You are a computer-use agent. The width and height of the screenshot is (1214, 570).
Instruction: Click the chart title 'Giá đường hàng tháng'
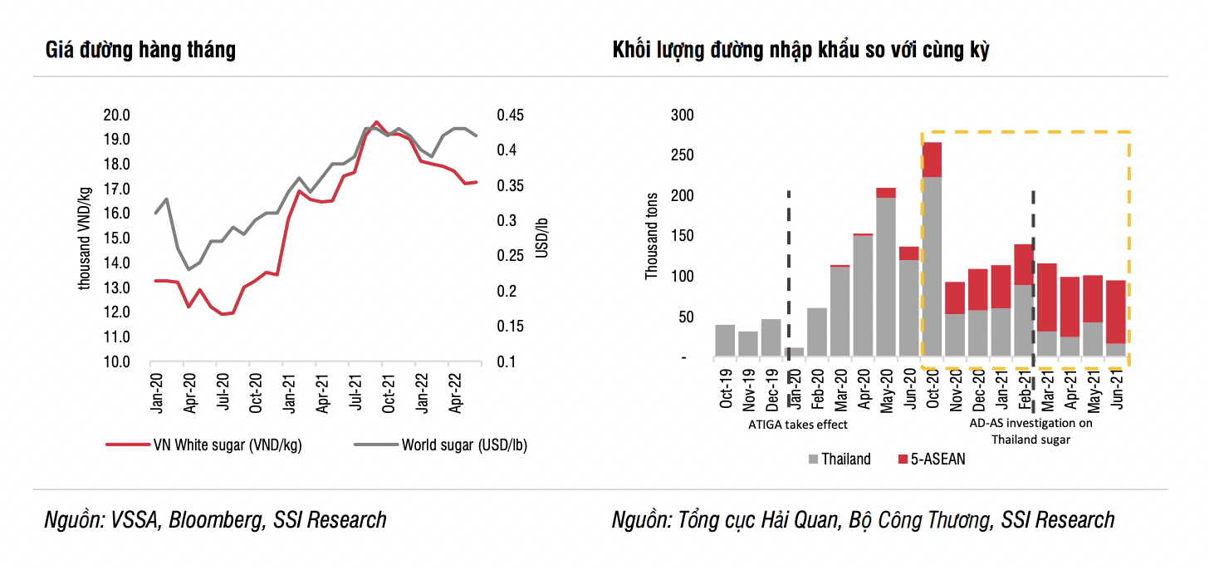tap(140, 50)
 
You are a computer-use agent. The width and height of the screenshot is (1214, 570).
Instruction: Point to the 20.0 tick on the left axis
tap(116, 115)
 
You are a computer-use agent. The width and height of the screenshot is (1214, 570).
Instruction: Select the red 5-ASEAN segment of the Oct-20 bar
tap(932, 160)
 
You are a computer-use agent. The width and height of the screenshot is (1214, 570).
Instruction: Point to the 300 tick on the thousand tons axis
tap(679, 115)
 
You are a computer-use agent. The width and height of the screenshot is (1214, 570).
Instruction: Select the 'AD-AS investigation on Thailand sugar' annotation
tap(1031, 431)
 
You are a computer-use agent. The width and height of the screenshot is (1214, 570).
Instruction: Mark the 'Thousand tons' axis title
tap(652, 237)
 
